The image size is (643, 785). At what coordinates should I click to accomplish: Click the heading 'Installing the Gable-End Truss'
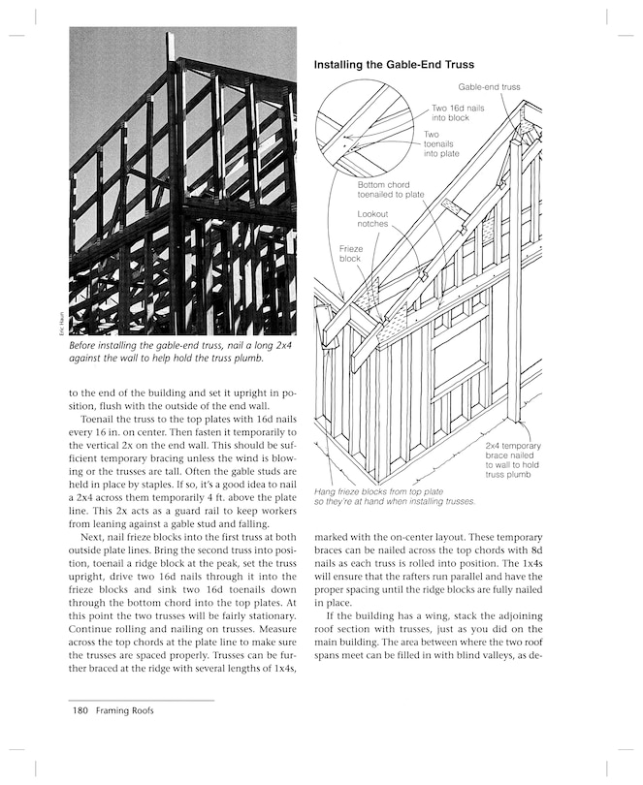tap(393, 65)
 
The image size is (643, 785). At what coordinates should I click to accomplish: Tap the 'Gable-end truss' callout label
tap(489, 87)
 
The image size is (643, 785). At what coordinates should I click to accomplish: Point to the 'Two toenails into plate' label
tap(441, 143)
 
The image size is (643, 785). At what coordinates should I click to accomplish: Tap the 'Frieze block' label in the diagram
tap(350, 254)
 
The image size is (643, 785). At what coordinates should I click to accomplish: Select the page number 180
tap(80, 710)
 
